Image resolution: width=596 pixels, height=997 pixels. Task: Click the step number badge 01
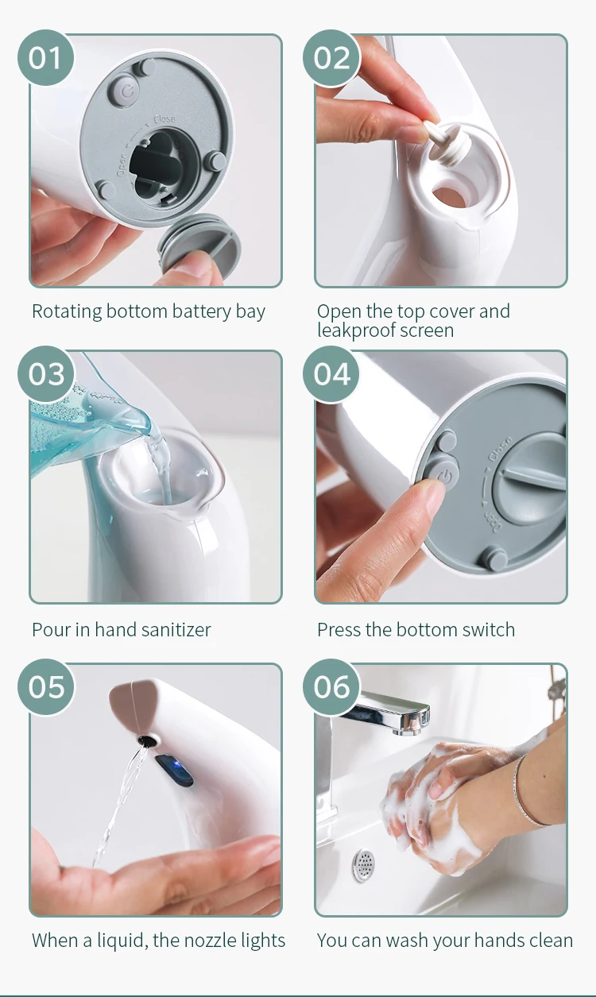(x=46, y=58)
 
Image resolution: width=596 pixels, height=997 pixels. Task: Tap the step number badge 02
(x=331, y=58)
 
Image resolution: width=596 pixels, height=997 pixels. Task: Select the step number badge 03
(x=46, y=374)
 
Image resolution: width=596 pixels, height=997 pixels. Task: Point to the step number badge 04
(x=331, y=374)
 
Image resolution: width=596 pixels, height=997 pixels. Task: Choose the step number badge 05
(x=46, y=686)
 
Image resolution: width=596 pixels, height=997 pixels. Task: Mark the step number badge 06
(x=331, y=686)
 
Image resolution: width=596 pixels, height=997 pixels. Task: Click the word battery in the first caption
(x=202, y=311)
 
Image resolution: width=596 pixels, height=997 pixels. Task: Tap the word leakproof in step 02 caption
(x=354, y=330)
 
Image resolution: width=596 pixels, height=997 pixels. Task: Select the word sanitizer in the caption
(x=176, y=630)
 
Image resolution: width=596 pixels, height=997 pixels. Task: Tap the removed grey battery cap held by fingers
(x=199, y=241)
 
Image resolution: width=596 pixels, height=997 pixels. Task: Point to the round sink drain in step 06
(x=364, y=866)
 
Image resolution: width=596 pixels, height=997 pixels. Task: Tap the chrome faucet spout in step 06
(x=392, y=711)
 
